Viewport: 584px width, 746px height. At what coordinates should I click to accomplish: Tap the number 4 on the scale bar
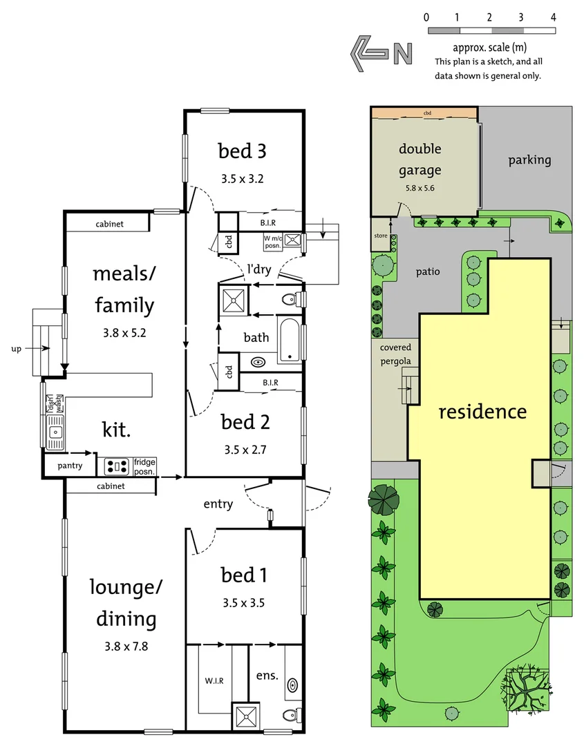pos(553,17)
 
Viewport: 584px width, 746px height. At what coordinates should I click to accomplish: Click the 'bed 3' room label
pos(242,151)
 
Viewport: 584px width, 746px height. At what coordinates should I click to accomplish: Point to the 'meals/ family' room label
pos(124,289)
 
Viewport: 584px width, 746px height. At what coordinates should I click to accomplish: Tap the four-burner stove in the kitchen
pos(117,467)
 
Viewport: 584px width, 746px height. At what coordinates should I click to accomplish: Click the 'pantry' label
pos(70,466)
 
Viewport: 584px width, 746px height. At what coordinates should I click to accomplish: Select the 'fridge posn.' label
pos(144,467)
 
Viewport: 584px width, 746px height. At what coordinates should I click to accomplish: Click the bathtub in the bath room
pos(290,339)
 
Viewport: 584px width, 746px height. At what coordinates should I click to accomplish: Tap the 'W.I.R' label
pos(214,680)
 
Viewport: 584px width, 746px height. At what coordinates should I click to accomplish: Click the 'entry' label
pos(218,504)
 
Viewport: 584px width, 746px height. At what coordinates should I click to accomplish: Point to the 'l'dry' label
pos(259,269)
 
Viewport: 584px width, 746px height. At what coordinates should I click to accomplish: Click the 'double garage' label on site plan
pos(420,160)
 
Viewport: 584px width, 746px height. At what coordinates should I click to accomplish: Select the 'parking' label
pos(529,160)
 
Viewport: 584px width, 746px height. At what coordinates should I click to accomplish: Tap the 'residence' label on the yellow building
pos(482,412)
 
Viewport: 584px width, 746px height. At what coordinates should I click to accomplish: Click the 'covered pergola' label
pos(395,354)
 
